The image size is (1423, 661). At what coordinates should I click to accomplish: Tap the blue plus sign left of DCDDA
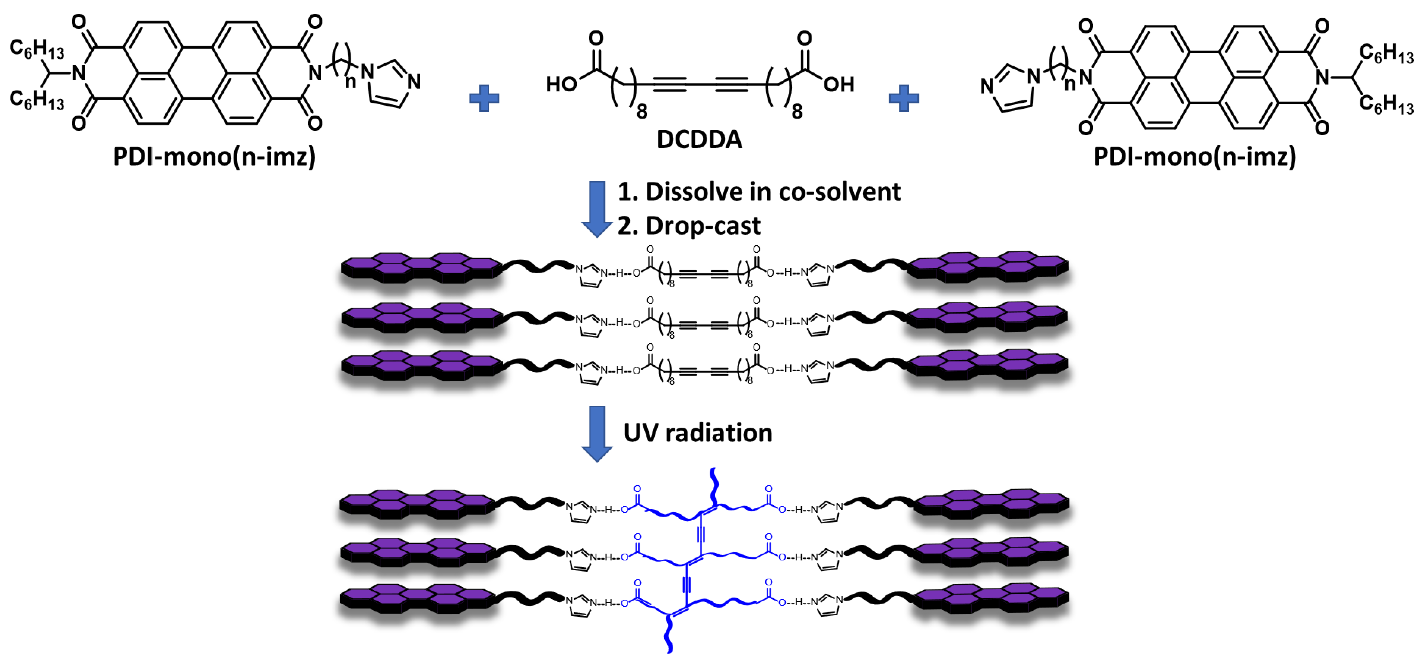(484, 98)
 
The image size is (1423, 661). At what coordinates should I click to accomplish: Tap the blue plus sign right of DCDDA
(904, 98)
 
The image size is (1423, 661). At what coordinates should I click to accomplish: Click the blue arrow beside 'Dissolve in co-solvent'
(597, 209)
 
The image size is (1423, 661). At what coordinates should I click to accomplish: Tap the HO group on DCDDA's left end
(561, 85)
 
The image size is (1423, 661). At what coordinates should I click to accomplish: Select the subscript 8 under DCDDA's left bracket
(642, 112)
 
